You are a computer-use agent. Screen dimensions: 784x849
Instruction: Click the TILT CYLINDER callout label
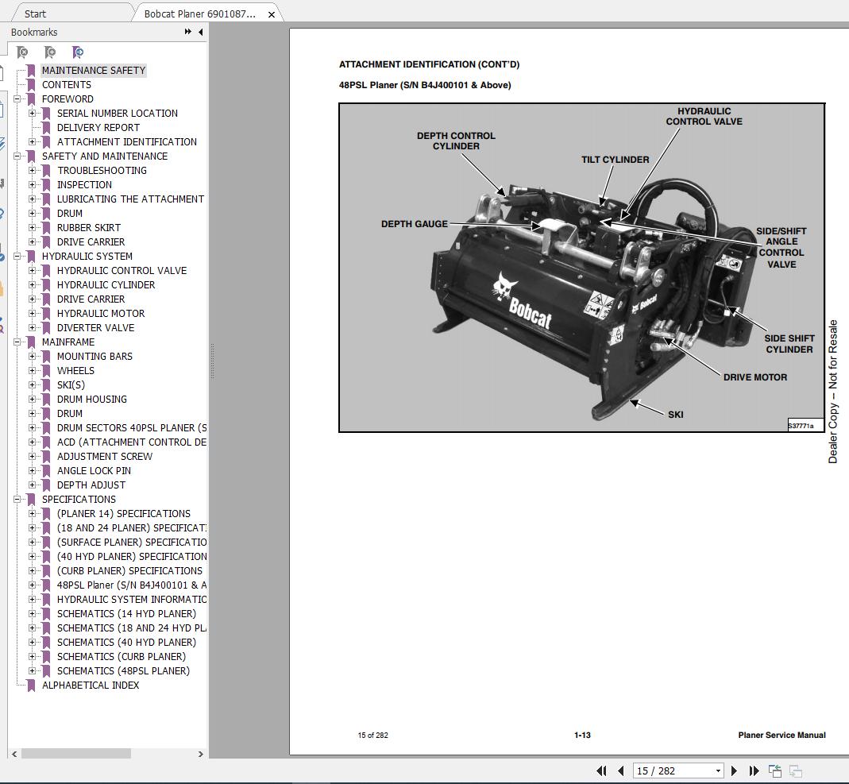[615, 160]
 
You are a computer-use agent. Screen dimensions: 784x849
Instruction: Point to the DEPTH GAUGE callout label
[414, 224]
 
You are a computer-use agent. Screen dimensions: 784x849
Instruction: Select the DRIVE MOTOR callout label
[754, 377]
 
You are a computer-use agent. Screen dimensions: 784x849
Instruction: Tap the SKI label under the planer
[675, 414]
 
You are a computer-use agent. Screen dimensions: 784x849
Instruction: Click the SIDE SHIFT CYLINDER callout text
[789, 344]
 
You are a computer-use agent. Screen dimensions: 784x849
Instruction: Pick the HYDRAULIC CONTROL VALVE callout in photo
[704, 117]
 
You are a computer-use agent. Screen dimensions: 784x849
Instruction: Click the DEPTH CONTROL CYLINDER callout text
[456, 141]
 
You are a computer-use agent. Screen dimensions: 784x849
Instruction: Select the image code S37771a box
[805, 426]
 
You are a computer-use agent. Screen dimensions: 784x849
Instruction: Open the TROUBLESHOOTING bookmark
[102, 171]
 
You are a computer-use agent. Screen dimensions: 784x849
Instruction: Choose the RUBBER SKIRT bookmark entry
[89, 228]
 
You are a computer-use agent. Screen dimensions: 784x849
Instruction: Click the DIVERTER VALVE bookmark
[95, 328]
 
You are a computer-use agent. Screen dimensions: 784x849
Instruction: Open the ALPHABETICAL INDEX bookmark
[91, 686]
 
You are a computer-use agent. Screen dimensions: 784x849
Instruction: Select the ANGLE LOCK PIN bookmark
[94, 471]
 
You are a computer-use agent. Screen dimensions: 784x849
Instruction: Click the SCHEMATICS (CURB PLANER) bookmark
[121, 657]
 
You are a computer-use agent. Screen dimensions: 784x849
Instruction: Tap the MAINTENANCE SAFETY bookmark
[94, 71]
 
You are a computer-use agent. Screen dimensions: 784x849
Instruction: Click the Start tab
[35, 14]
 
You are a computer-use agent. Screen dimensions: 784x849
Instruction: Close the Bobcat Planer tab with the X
[272, 14]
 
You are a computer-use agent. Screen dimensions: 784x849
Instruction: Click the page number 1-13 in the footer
[582, 736]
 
